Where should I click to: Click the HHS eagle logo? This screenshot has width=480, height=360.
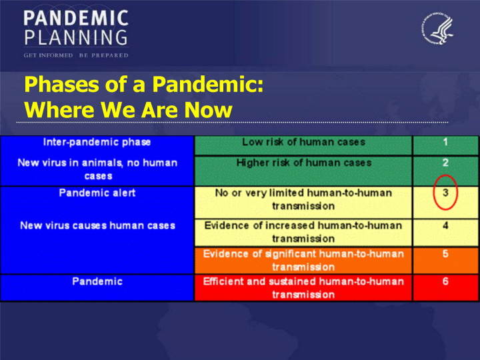[437, 28]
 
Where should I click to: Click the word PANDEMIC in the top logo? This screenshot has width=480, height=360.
[76, 18]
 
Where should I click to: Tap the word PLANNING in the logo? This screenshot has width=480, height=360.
[76, 37]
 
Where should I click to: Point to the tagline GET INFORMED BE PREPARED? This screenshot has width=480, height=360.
[76, 55]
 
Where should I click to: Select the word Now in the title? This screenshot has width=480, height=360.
[208, 109]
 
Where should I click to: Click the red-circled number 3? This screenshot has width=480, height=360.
[445, 193]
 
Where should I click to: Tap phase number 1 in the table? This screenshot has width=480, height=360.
[445, 142]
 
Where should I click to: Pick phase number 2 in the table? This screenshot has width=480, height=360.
[445, 162]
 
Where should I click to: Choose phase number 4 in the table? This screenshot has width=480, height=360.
[445, 225]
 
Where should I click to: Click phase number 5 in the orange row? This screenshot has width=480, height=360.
[445, 253]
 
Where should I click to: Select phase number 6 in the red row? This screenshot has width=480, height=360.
[445, 281]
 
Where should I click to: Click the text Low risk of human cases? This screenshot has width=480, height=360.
[304, 142]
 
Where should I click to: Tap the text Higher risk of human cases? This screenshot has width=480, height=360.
[304, 163]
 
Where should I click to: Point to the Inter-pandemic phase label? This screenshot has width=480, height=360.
[97, 143]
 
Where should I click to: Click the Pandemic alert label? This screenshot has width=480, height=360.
[97, 193]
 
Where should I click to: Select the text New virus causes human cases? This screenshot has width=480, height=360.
[97, 225]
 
